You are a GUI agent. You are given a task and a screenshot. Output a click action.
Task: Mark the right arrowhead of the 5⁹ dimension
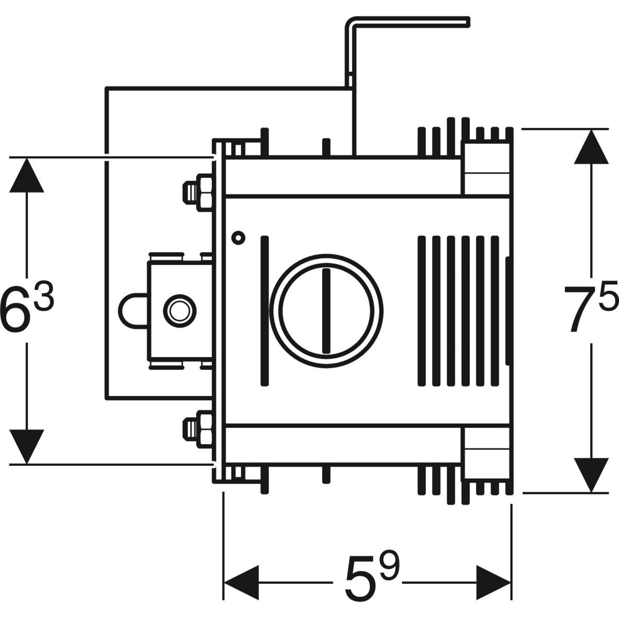click(x=493, y=583)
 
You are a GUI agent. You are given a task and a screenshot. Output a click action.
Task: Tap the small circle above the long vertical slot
click(x=238, y=237)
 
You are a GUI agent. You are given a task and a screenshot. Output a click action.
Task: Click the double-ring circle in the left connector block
click(x=180, y=311)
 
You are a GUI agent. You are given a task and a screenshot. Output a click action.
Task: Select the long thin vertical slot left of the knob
click(x=265, y=311)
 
